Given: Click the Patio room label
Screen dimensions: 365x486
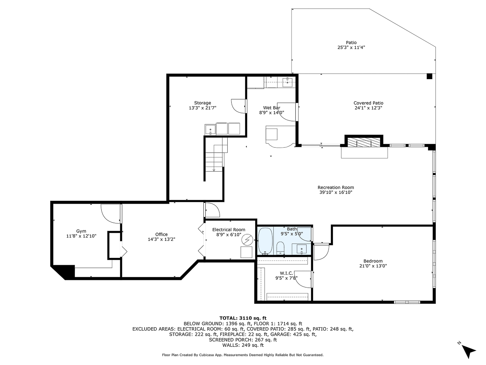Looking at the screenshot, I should (x=351, y=42).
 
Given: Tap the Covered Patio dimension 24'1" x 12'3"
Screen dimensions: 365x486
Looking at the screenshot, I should (x=368, y=108).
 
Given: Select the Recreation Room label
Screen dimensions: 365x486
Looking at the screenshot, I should (x=336, y=187).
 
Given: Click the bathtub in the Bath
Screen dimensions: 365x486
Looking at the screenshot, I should (x=265, y=241).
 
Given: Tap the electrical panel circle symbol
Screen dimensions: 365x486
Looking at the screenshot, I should (x=246, y=240).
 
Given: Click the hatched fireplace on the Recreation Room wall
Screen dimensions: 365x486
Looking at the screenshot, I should (x=364, y=142).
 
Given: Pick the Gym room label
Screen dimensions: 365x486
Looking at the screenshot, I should (x=81, y=231).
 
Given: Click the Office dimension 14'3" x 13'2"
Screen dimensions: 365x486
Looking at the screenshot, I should (x=161, y=239).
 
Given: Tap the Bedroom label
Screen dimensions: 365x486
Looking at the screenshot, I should (x=373, y=261).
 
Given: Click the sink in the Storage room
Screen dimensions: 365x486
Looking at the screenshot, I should (x=210, y=129).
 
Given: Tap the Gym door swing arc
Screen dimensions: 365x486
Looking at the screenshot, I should (x=110, y=213).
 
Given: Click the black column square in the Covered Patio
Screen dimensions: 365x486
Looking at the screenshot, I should (x=429, y=76).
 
